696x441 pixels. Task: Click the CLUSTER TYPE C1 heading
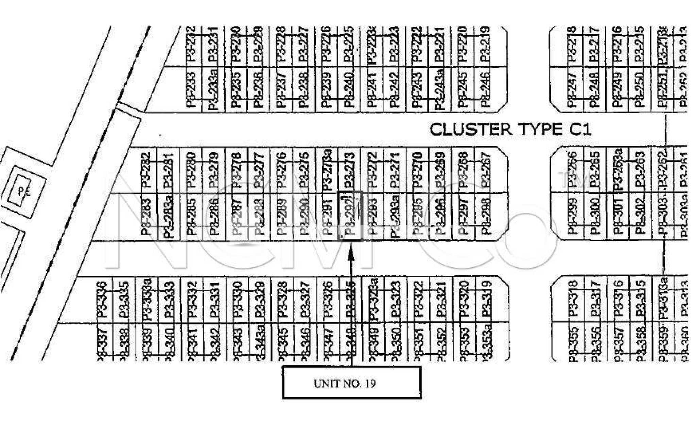[510, 130]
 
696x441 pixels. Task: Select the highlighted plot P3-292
[350, 216]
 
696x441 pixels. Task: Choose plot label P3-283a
[168, 216]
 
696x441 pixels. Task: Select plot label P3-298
[486, 216]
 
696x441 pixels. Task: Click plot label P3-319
[486, 299]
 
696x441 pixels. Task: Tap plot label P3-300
[595, 216]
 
